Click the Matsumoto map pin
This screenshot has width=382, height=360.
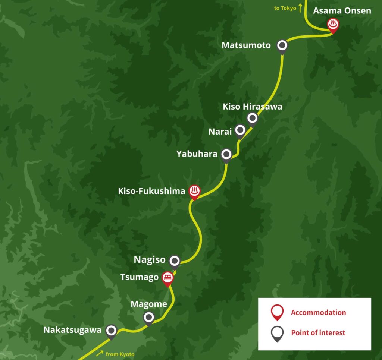(x=282, y=46)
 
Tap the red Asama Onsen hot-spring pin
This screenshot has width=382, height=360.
(x=333, y=25)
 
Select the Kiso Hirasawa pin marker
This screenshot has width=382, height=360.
(x=253, y=119)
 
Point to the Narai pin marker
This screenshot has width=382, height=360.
(x=240, y=131)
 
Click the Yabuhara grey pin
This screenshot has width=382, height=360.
(x=226, y=155)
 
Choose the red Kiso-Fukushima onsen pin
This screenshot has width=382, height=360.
(x=194, y=192)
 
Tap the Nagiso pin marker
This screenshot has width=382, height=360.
(x=174, y=261)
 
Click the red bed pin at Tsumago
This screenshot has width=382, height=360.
(x=167, y=278)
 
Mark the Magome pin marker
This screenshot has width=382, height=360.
(x=149, y=318)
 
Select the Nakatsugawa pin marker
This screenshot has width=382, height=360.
(x=111, y=331)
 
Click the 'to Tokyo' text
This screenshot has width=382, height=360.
(x=285, y=8)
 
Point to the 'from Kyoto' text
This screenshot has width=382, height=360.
(x=120, y=354)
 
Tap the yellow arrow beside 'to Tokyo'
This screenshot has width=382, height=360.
(x=300, y=8)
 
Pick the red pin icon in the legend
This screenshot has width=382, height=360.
(x=277, y=312)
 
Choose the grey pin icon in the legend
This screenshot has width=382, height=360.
(x=277, y=333)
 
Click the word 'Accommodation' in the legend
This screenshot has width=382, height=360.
(x=318, y=312)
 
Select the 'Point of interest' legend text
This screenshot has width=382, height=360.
(x=318, y=333)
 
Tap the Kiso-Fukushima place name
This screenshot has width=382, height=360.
(x=151, y=191)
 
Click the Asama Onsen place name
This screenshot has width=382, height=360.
(x=342, y=10)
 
